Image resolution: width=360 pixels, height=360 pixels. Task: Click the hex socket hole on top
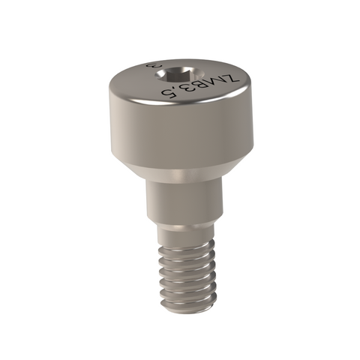click(180, 73)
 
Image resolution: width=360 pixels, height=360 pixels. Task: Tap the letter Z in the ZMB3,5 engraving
click(232, 77)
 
